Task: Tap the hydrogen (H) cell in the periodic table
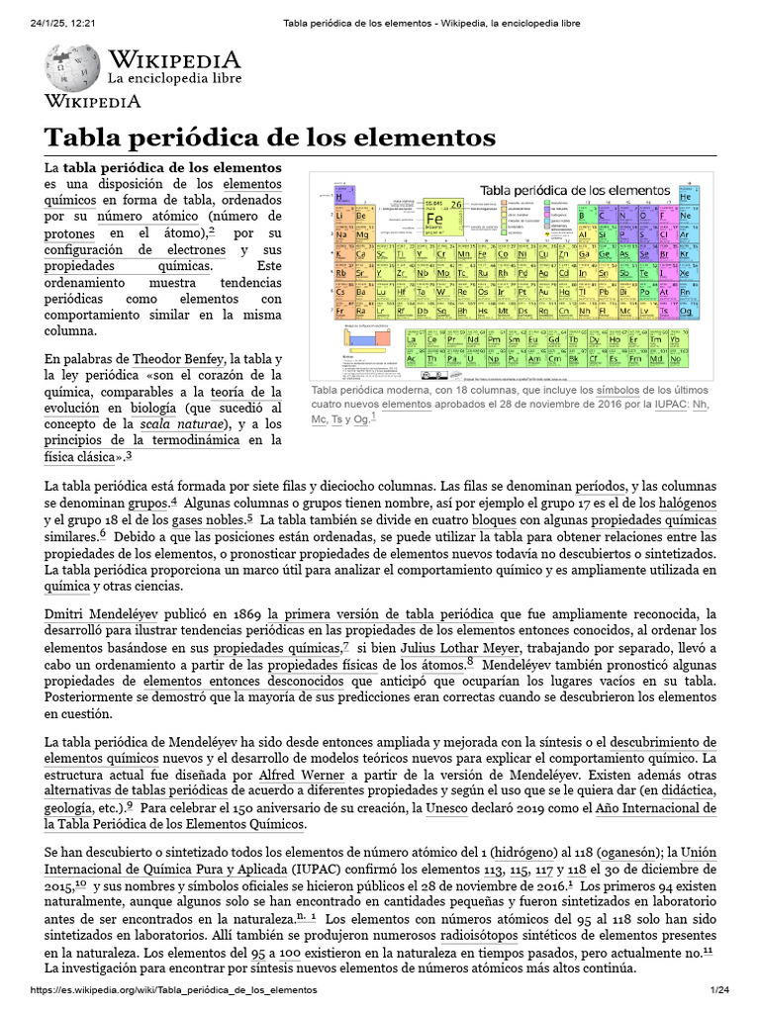339,197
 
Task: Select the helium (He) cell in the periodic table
686,197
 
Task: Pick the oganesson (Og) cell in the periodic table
686,310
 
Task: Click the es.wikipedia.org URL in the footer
174,996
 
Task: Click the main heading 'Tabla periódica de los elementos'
267,137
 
